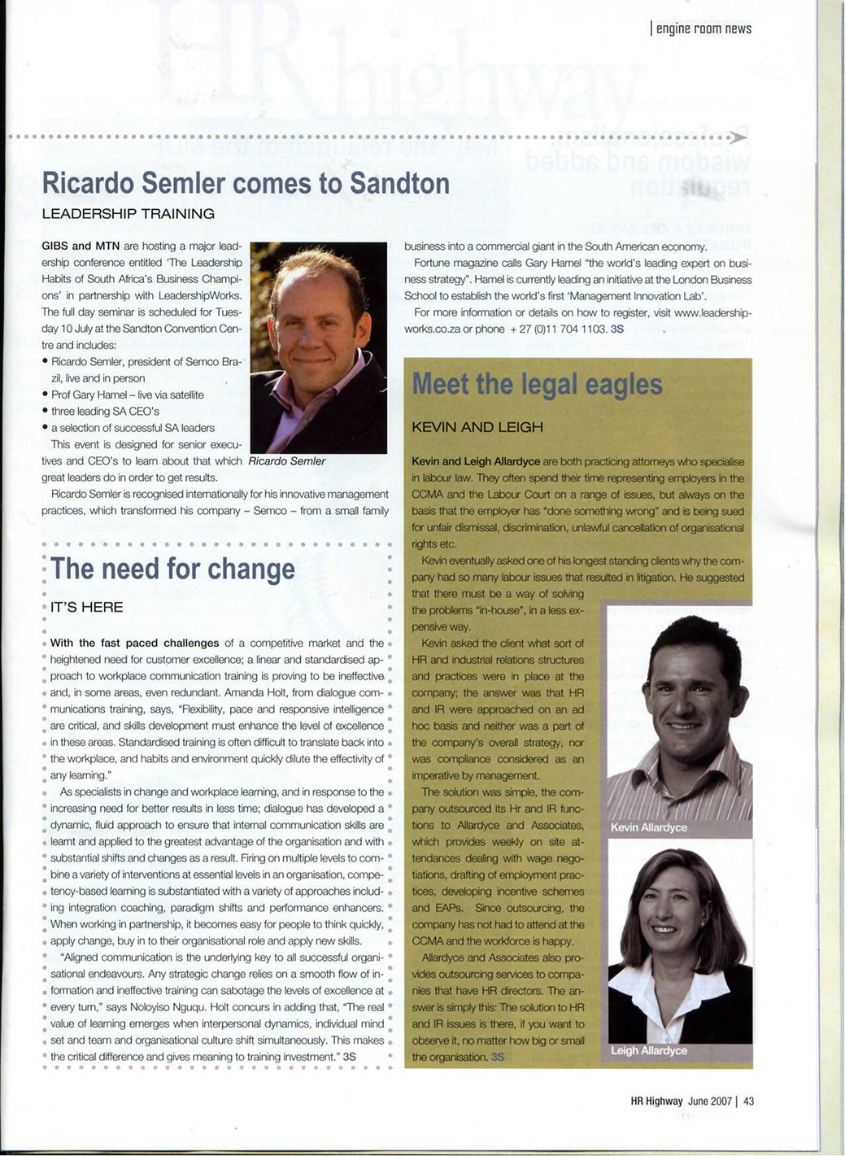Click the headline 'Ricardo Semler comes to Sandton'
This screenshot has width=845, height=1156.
click(x=246, y=183)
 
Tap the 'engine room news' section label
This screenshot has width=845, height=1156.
click(x=703, y=29)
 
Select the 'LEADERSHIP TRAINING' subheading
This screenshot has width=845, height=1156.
click(x=128, y=214)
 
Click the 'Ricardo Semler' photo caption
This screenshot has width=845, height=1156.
click(x=286, y=461)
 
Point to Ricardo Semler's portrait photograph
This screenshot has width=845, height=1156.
click(x=318, y=347)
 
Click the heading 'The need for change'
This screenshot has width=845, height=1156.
click(x=172, y=569)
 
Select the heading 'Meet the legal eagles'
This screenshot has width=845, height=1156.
click(x=537, y=384)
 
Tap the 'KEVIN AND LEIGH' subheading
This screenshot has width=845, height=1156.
click(x=477, y=427)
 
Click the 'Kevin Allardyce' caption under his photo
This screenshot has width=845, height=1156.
click(x=648, y=827)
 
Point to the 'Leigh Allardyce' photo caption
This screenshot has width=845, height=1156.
click(x=648, y=1050)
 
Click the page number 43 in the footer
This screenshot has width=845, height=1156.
click(x=749, y=1101)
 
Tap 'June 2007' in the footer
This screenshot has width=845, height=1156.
click(x=710, y=1101)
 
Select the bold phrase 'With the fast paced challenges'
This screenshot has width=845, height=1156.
click(x=134, y=643)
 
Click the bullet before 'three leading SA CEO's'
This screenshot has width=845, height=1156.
click(x=46, y=412)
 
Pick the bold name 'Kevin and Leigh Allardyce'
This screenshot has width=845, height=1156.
click(x=476, y=461)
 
